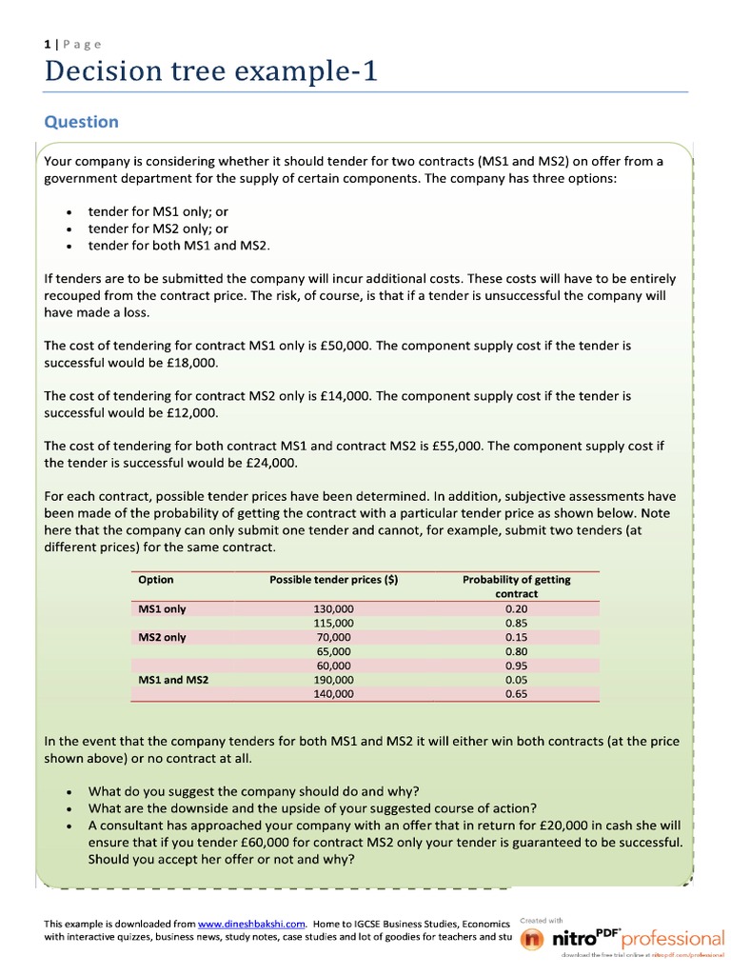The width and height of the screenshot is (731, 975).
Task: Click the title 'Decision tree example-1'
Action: click(211, 72)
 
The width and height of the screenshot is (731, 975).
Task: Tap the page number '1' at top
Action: click(47, 44)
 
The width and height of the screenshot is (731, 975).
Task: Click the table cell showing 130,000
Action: click(333, 608)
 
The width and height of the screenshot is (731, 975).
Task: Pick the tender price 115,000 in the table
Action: click(333, 623)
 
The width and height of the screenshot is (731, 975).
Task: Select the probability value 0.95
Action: click(516, 666)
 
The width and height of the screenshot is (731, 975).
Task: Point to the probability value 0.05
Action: click(516, 680)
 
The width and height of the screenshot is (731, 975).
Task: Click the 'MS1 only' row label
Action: click(162, 608)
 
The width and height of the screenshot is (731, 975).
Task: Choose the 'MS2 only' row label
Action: click(162, 637)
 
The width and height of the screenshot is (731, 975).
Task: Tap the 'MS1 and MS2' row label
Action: click(173, 680)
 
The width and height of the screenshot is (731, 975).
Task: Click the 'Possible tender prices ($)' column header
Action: click(333, 580)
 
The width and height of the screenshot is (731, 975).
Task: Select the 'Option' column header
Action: click(156, 580)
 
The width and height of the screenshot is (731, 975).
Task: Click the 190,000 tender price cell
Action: click(333, 680)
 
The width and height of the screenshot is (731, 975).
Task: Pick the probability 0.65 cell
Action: click(516, 694)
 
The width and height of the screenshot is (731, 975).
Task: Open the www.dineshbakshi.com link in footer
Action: click(251, 924)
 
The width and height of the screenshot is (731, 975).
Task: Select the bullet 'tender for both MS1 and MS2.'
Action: click(179, 246)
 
